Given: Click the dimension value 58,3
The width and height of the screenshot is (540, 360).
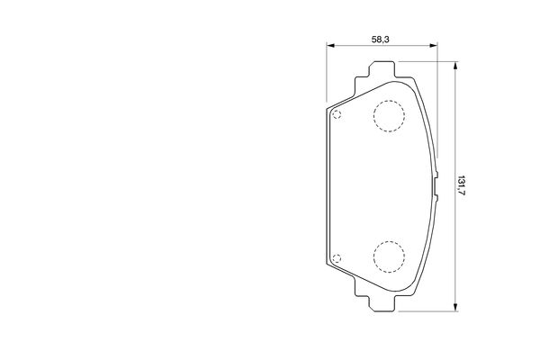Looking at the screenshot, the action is (x=380, y=40).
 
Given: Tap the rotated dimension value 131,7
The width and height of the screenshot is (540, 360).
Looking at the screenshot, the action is (x=461, y=185).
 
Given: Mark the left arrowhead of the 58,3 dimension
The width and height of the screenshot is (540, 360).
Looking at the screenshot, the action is (x=330, y=45).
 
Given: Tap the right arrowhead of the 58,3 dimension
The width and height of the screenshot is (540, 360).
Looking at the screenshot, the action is (x=434, y=45).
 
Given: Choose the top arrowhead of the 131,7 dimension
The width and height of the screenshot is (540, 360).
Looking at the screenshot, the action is (x=455, y=66).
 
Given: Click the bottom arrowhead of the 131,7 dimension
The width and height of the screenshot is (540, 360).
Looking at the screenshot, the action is (x=455, y=307).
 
